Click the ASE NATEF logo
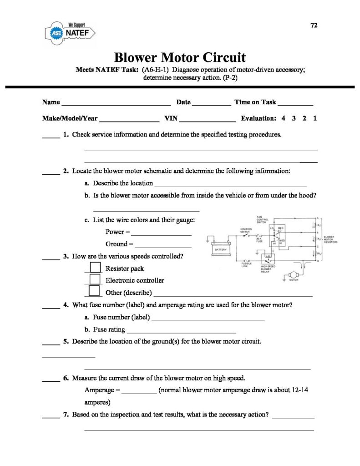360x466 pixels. (69, 32)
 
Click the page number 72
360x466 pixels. (314, 25)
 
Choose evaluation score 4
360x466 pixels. (284, 118)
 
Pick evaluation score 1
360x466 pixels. (315, 118)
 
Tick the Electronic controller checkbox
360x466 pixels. (95, 279)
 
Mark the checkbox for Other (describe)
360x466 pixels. (95, 291)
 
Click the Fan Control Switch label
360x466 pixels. (263, 219)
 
